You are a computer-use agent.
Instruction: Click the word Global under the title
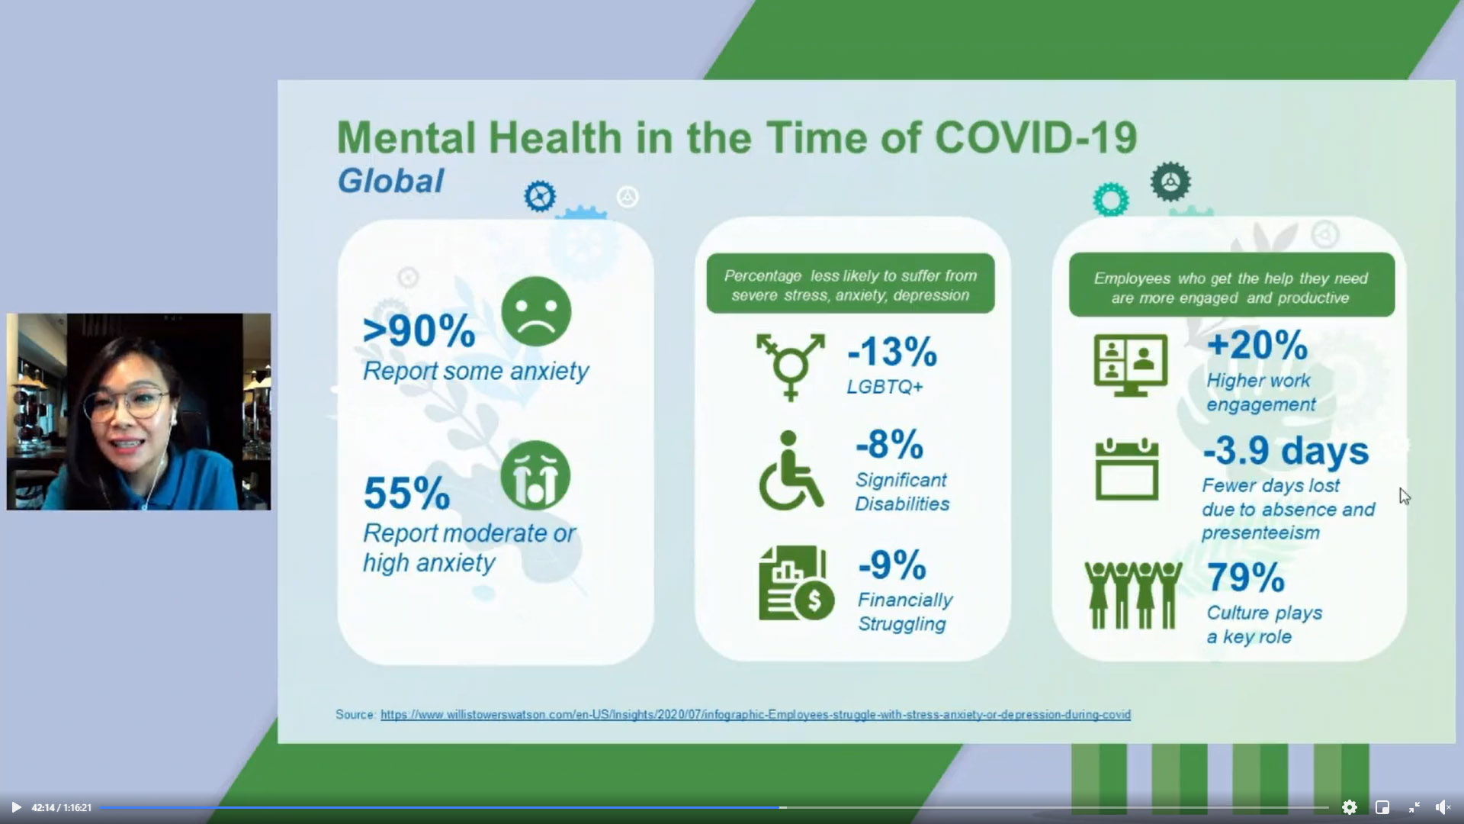390,181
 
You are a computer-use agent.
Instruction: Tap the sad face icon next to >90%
536,311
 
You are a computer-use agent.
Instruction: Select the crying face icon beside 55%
535,475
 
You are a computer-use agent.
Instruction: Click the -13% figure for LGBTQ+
892,352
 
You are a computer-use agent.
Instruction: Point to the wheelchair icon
791,470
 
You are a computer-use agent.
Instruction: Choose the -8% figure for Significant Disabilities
889,444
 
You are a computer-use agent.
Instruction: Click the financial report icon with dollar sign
796,583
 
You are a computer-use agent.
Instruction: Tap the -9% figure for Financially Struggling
892,565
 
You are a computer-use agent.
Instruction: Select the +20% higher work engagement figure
1257,345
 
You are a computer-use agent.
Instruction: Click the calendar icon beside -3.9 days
1127,469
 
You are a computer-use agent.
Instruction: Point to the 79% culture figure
1246,577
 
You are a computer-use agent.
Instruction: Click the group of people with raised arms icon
1133,595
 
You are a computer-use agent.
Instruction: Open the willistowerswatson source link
756,715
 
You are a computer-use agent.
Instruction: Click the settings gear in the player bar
1350,807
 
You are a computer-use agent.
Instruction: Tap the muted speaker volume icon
1443,807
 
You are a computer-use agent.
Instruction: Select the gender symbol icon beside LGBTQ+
791,366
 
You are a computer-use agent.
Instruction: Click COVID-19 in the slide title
1035,138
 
